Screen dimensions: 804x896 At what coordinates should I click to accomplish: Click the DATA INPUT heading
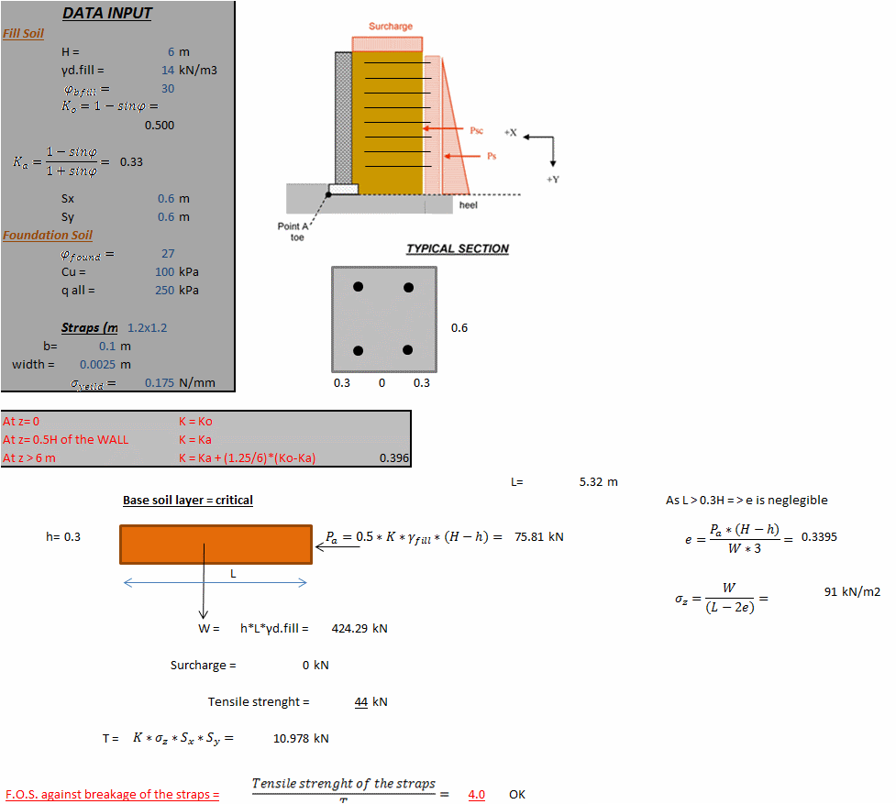(x=107, y=13)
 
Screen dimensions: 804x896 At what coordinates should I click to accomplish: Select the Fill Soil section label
(x=24, y=33)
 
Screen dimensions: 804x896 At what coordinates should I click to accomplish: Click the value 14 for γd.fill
(x=167, y=70)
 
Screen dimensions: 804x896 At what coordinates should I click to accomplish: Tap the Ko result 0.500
(x=160, y=125)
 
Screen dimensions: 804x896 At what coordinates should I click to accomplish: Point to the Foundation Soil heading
(x=48, y=235)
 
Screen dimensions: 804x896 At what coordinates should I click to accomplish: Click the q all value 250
(x=164, y=290)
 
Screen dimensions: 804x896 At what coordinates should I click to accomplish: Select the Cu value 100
(x=164, y=271)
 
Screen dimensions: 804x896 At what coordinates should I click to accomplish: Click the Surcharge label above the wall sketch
(x=391, y=27)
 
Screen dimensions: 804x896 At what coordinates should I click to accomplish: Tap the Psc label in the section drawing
(x=476, y=131)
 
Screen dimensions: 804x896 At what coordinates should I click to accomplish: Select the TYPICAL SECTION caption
(x=458, y=248)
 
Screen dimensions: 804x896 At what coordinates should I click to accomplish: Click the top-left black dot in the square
(x=359, y=288)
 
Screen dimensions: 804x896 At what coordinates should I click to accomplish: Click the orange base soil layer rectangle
(x=216, y=544)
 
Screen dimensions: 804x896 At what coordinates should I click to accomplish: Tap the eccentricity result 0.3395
(x=818, y=536)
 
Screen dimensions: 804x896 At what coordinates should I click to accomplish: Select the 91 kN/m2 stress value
(x=852, y=591)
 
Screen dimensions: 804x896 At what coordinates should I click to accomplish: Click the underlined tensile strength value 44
(x=361, y=701)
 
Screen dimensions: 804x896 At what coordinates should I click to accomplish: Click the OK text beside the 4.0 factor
(x=517, y=794)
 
